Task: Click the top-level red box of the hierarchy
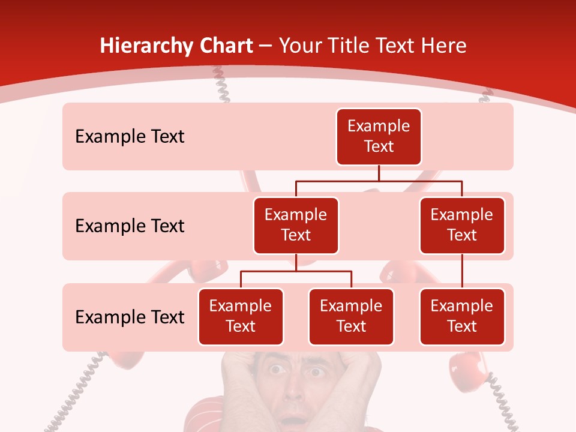point(379,137)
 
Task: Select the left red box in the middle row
point(296,225)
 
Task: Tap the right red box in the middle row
point(462,225)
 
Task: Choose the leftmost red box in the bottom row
point(241,316)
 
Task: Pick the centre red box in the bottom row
point(351,316)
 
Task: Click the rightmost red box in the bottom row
point(462,316)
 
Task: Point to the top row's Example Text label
point(130,137)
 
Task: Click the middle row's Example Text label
point(130,226)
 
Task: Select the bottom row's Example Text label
point(130,317)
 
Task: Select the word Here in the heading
point(445,46)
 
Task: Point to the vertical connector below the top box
point(379,173)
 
